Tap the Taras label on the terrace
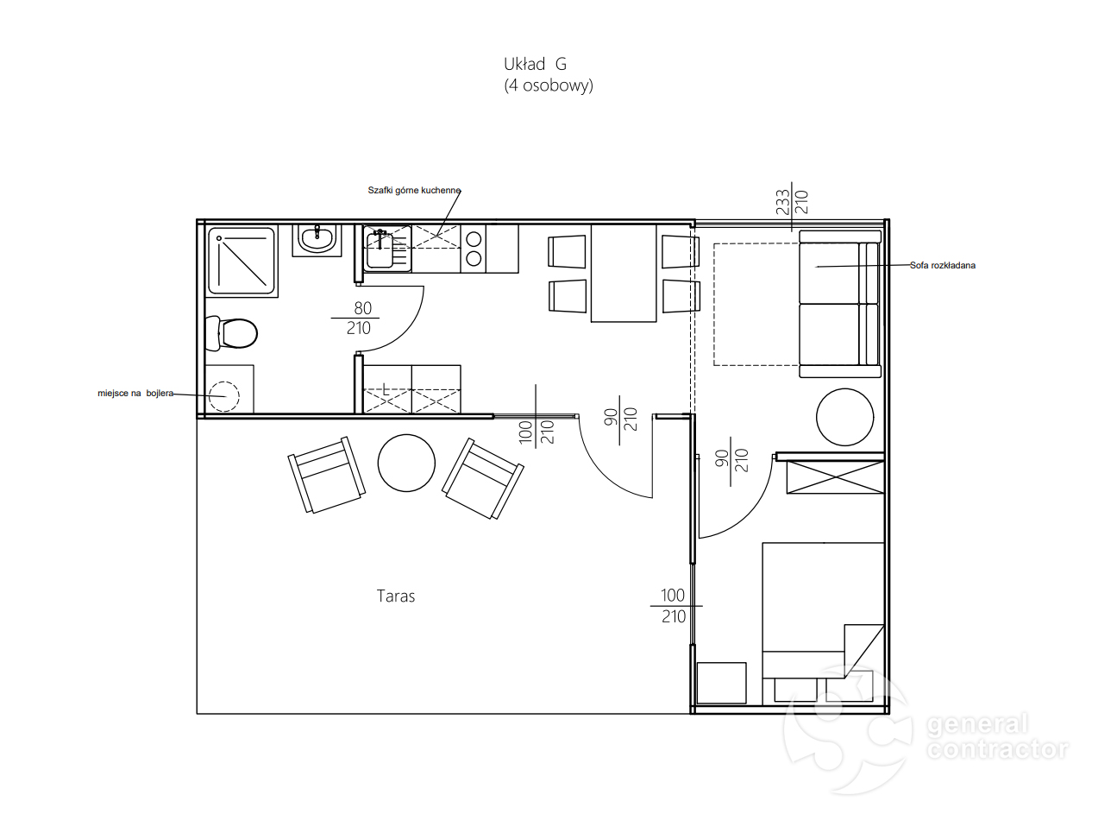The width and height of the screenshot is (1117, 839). (395, 596)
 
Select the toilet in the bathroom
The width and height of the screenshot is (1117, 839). (231, 333)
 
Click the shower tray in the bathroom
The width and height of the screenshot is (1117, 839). (242, 262)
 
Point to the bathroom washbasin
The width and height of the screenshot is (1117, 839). (317, 240)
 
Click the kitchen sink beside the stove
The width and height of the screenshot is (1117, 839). (387, 249)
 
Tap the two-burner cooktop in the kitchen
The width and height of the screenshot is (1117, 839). (474, 249)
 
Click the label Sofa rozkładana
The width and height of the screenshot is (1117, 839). (943, 265)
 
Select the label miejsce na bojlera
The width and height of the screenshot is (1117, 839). (135, 393)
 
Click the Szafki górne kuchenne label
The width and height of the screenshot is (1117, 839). (414, 191)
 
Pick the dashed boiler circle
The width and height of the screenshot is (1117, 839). (224, 396)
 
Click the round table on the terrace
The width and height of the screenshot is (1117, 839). (406, 463)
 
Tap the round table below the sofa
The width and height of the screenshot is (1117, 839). (844, 417)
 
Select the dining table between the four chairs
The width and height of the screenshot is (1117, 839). (624, 274)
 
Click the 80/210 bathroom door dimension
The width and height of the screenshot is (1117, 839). (359, 319)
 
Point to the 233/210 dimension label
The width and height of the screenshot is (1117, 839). (792, 202)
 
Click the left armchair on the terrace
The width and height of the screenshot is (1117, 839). (327, 475)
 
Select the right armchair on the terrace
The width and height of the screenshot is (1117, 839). (483, 478)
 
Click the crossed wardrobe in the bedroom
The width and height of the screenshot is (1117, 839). (835, 477)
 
